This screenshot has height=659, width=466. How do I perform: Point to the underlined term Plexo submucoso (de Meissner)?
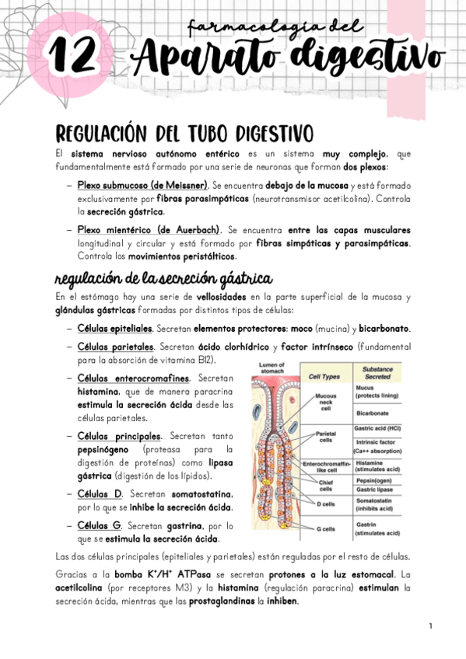pyautogui.click(x=142, y=186)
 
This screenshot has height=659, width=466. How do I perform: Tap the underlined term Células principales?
pyautogui.click(x=119, y=436)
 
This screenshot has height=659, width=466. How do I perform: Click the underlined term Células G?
pyautogui.click(x=97, y=526)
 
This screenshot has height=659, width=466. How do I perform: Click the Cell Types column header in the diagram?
pyautogui.click(x=324, y=376)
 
